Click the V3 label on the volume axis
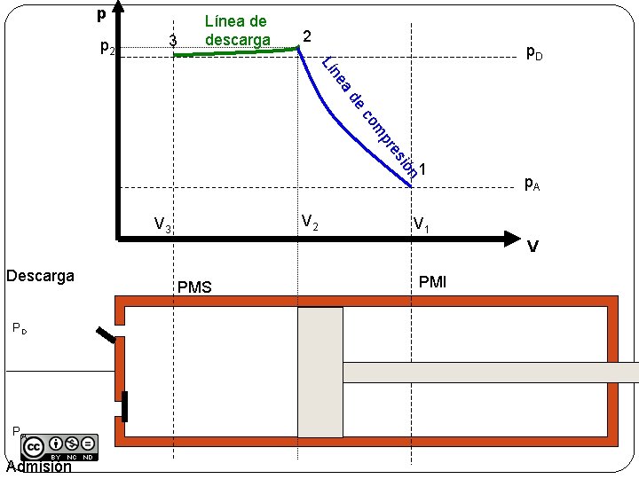(162, 224)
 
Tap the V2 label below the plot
(310, 222)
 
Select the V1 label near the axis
(422, 224)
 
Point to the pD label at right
(534, 52)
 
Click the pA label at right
(532, 184)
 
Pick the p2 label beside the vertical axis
(106, 46)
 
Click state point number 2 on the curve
(306, 36)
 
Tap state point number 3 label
(173, 40)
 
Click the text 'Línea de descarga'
(236, 30)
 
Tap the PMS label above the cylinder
(194, 287)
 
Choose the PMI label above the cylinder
(432, 282)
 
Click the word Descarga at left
(40, 275)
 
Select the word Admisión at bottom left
(37, 467)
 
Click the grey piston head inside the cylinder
(320, 372)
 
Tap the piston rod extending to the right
(488, 373)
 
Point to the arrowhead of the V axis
(509, 238)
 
